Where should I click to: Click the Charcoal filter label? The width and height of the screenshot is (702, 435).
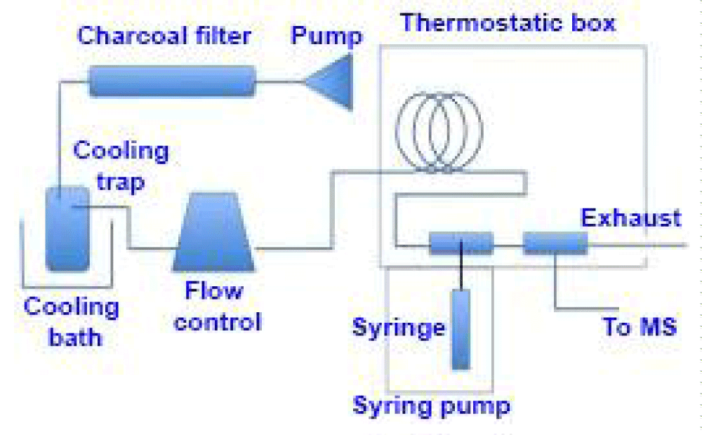[164, 35]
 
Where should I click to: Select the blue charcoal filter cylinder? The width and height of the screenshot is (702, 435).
[173, 81]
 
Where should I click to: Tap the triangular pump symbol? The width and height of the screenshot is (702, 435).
[329, 81]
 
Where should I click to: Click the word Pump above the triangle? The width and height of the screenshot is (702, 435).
[326, 36]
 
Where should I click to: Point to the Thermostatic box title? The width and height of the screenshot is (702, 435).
[508, 22]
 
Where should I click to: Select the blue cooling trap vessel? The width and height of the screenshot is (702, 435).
[67, 229]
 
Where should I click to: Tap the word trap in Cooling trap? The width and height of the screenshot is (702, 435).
[121, 182]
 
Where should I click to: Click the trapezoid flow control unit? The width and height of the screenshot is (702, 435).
[213, 232]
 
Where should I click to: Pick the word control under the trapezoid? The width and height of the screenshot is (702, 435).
[218, 322]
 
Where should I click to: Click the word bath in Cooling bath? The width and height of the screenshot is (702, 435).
[75, 337]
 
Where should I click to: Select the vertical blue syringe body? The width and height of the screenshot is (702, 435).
[461, 329]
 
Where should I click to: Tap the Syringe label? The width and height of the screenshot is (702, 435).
[399, 327]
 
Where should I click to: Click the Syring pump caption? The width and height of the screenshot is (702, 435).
[431, 406]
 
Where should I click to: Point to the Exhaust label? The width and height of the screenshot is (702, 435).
[631, 218]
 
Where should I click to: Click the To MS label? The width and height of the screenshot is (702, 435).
[640, 326]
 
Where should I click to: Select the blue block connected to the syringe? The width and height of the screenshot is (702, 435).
[462, 243]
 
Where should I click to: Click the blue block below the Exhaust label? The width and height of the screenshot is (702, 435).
[555, 243]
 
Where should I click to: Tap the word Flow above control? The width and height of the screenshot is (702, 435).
[214, 290]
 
